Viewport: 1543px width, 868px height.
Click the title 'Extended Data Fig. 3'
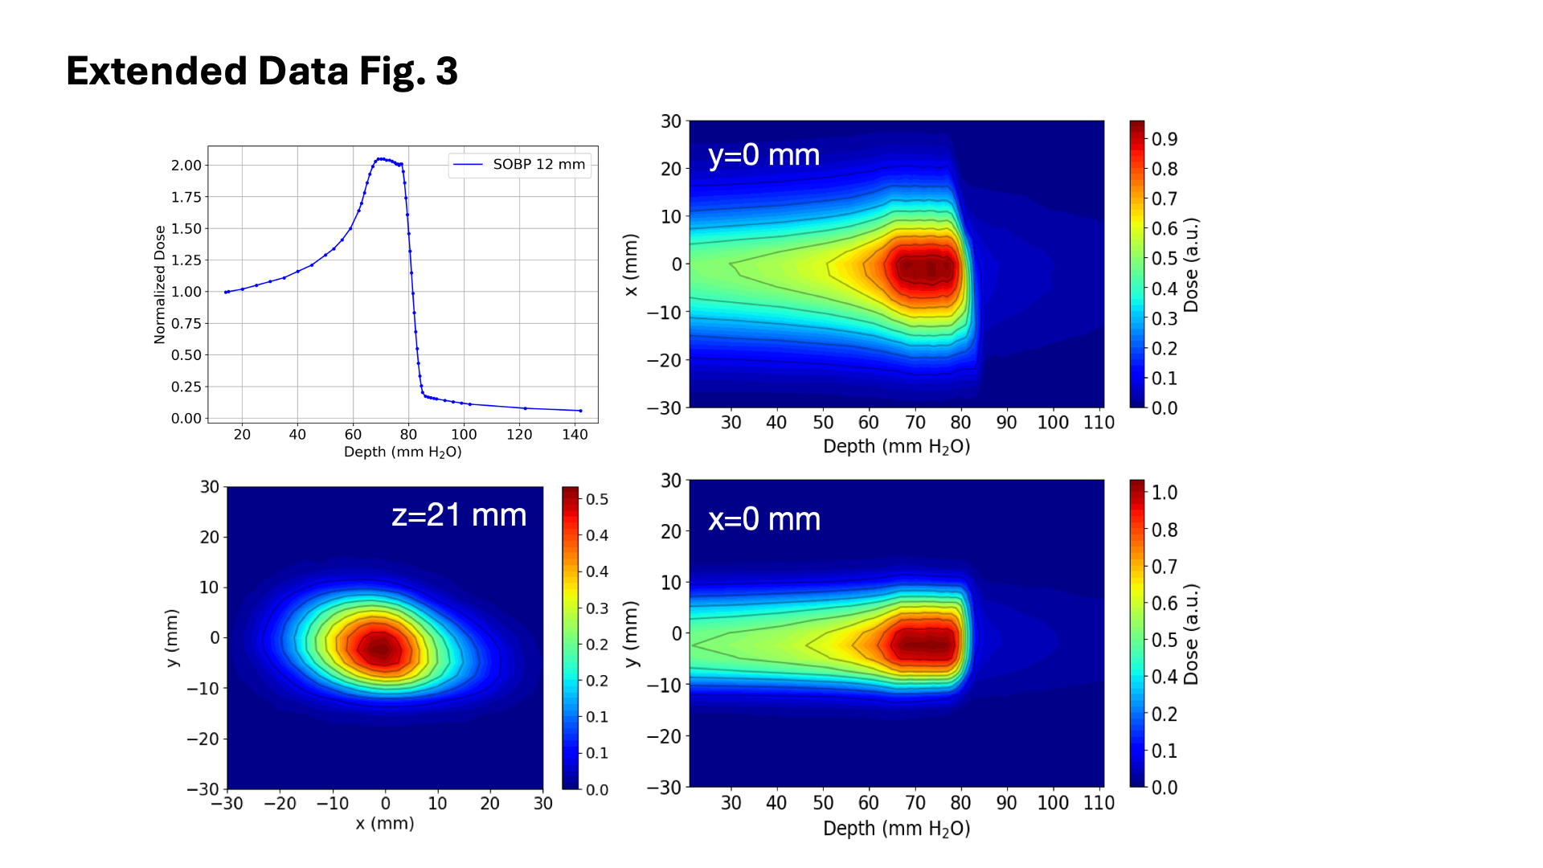click(x=262, y=72)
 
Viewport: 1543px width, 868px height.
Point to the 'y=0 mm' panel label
click(x=763, y=155)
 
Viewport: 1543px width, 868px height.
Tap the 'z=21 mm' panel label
click(x=459, y=515)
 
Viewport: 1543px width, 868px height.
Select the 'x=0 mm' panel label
click(x=764, y=520)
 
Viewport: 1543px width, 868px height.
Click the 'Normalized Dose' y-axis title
click(x=160, y=285)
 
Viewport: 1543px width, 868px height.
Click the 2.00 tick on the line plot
click(x=186, y=166)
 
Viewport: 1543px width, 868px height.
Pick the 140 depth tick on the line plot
click(x=575, y=435)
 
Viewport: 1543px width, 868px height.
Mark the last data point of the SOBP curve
click(x=580, y=411)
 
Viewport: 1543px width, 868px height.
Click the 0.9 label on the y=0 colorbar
click(x=1164, y=140)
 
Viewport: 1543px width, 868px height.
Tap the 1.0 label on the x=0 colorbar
click(x=1164, y=493)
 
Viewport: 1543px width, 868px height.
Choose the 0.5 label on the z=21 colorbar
click(x=597, y=500)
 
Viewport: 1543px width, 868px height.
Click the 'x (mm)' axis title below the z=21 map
click(x=385, y=824)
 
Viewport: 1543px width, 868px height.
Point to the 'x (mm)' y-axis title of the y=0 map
click(x=632, y=264)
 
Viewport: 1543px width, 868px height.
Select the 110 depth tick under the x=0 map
click(x=1099, y=803)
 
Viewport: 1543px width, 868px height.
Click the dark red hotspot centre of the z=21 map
click(x=382, y=648)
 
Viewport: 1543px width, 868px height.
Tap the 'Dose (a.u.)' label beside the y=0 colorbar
click(x=1191, y=264)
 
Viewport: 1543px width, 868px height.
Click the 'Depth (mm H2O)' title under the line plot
click(x=403, y=452)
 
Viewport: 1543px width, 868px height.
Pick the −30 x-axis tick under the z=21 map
click(x=227, y=804)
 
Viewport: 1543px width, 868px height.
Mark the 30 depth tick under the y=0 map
click(x=731, y=423)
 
